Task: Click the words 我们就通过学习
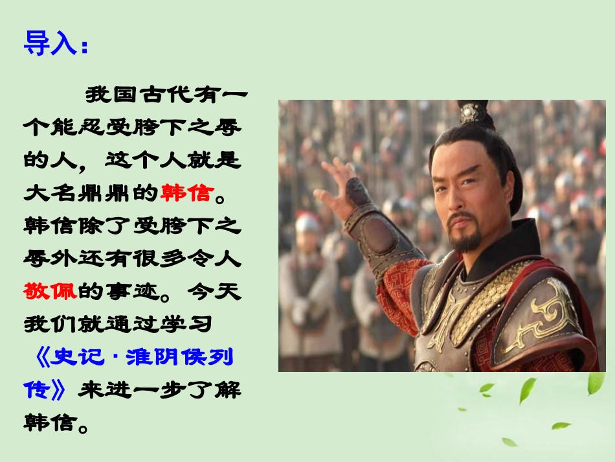pos(114,323)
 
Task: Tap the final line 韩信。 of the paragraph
pos(56,422)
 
